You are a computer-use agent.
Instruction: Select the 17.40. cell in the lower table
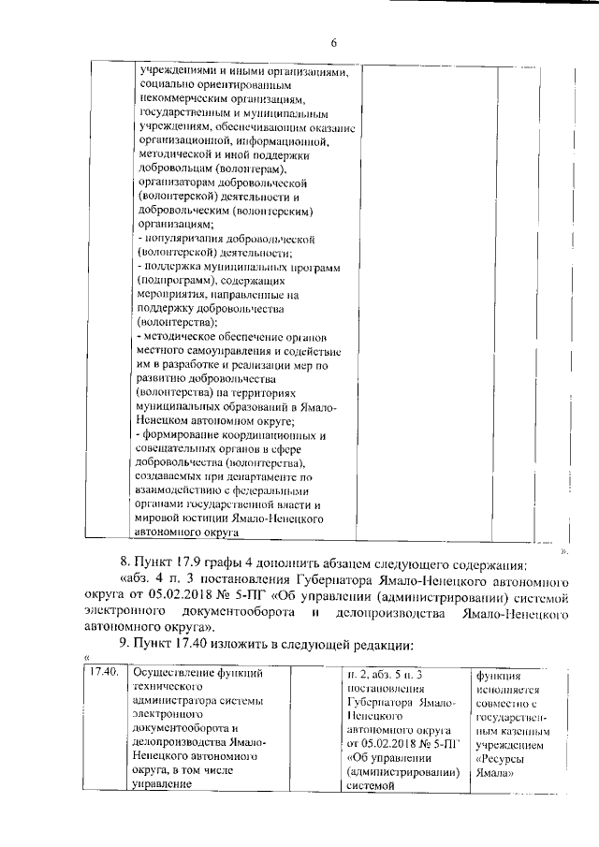[103, 673]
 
